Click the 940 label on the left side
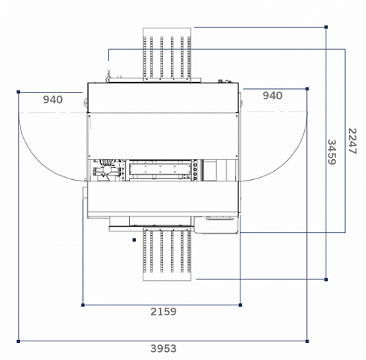pos(53,100)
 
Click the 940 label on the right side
pos(273,96)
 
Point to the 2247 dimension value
pos(353,141)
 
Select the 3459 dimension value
pos(332,152)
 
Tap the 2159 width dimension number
pos(164,311)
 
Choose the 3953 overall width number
pos(164,349)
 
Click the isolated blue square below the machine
pos(134,240)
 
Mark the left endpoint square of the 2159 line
pos(83,305)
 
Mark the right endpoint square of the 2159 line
pos(241,305)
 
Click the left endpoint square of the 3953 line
pos(18,341)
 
